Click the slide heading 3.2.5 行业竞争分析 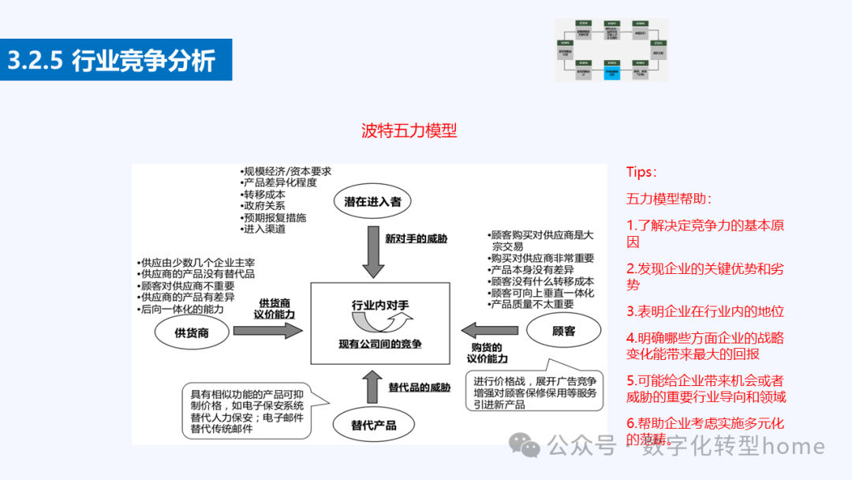(111, 61)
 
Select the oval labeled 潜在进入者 (372, 201)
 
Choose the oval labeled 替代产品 (373, 426)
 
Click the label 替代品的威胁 (420, 388)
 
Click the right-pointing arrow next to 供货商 (267, 331)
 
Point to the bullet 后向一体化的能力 (182, 309)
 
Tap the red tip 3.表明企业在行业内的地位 (705, 311)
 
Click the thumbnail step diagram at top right (611, 50)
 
